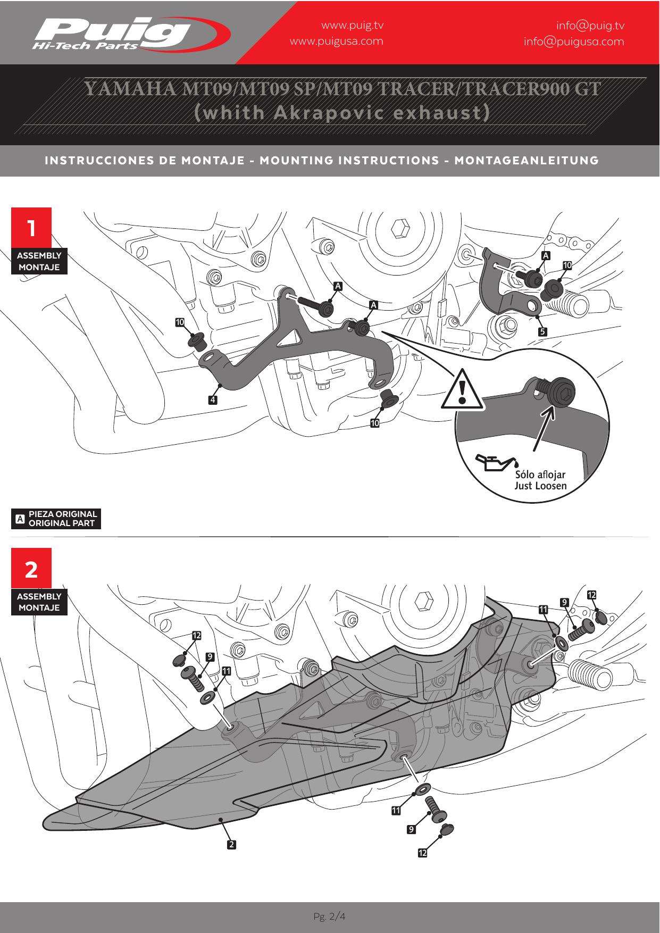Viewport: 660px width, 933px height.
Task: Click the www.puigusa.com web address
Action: click(x=336, y=41)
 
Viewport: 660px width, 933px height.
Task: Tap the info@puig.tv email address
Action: click(x=590, y=26)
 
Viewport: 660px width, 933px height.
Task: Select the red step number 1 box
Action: click(x=31, y=228)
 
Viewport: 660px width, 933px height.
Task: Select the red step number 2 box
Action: click(x=31, y=569)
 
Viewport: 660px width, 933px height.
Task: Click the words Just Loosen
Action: click(x=540, y=486)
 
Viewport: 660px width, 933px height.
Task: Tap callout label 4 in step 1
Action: click(x=213, y=399)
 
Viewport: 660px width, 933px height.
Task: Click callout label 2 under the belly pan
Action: click(x=231, y=844)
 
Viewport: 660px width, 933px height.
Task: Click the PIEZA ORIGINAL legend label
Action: click(x=63, y=514)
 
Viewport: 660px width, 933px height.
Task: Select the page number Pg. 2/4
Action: click(x=330, y=917)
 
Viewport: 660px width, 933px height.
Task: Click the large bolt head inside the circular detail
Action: click(x=561, y=393)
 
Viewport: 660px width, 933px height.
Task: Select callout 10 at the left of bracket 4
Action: click(x=180, y=322)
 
